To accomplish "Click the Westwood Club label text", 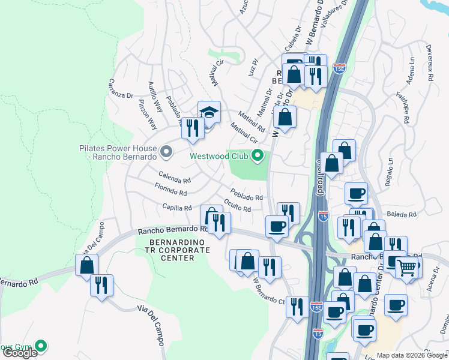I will (x=220, y=156).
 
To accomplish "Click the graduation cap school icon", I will (x=209, y=112).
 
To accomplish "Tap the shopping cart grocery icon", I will (x=407, y=267).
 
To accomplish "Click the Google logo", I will (x=19, y=353).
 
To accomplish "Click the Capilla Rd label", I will (x=176, y=208).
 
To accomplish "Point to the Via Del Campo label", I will (x=150, y=324).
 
